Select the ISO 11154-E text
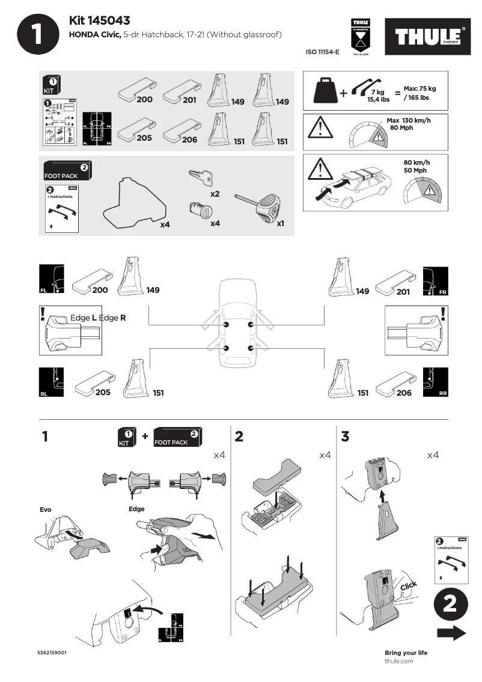[x=323, y=52]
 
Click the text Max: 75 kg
[x=419, y=88]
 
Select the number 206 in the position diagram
[x=404, y=393]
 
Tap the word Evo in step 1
[x=46, y=509]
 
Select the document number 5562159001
[x=52, y=653]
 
